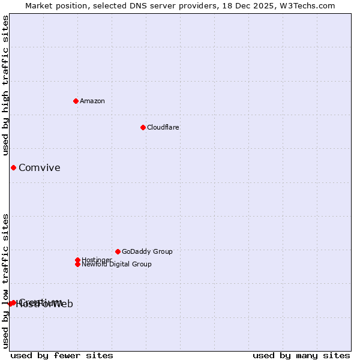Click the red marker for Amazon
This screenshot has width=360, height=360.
click(x=76, y=101)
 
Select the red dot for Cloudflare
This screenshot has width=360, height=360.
click(x=143, y=127)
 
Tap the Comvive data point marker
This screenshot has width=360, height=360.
click(x=13, y=167)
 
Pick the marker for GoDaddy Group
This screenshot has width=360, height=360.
click(x=118, y=251)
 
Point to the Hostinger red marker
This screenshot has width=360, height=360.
click(x=77, y=260)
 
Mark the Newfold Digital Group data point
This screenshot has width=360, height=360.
click(x=77, y=264)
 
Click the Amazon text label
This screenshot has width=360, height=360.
click(x=92, y=101)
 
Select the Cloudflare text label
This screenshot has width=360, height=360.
click(x=163, y=127)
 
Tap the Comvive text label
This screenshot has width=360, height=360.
click(x=40, y=168)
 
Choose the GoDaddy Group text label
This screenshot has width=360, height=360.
click(x=147, y=251)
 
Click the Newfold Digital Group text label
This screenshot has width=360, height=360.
click(x=116, y=264)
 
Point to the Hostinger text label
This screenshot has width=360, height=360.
click(x=97, y=260)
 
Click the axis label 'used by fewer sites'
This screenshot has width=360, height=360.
click(x=62, y=355)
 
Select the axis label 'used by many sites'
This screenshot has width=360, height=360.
click(x=301, y=355)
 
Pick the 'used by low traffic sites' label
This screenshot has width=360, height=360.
click(x=6, y=280)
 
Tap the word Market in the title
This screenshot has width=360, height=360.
click(x=40, y=5)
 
